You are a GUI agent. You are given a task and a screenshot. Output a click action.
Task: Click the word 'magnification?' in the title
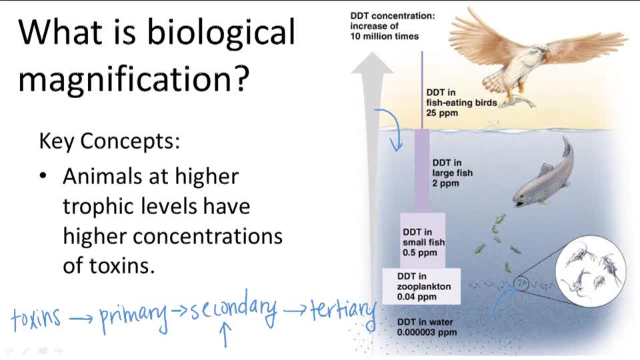pos(134,79)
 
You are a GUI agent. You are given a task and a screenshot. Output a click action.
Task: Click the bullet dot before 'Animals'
pos(43,176)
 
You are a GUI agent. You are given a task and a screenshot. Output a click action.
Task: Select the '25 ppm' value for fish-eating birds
pos(442,113)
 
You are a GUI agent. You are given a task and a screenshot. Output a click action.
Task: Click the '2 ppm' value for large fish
pos(445,183)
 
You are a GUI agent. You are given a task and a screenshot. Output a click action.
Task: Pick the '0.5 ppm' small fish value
pos(419,253)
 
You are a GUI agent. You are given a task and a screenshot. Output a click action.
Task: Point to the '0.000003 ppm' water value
pos(427,332)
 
